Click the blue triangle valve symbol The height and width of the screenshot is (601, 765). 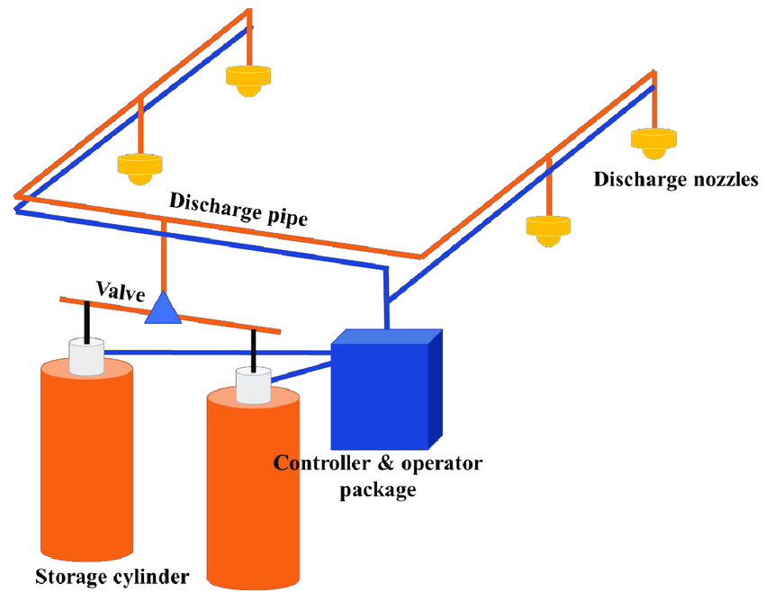click(164, 309)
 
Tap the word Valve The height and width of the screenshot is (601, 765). click(121, 290)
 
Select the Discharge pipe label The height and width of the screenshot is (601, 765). click(239, 209)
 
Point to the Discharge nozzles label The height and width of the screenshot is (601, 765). click(675, 179)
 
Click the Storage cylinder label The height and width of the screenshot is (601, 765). click(112, 576)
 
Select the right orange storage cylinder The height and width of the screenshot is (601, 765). click(253, 486)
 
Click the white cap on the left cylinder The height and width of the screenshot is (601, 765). click(86, 356)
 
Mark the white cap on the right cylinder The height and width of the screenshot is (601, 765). click(253, 385)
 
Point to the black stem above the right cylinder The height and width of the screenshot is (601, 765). click(254, 349)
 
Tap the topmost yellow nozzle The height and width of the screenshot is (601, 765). click(247, 81)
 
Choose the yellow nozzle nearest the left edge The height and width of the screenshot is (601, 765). click(139, 167)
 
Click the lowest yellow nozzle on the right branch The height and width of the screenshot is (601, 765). click(548, 230)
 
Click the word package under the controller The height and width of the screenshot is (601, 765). click(378, 490)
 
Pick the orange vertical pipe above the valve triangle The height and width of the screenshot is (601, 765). click(164, 256)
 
